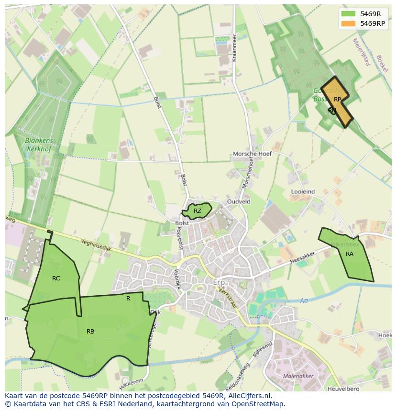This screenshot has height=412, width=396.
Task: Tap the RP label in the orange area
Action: point(337,100)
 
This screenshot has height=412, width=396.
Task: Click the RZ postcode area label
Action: point(198,211)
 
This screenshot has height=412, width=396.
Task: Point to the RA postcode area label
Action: point(350,254)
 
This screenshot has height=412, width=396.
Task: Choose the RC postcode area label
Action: point(56,278)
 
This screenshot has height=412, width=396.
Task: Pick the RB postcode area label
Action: point(90,331)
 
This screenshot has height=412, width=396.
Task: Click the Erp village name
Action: point(219,283)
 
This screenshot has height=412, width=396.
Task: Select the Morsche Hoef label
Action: point(252,154)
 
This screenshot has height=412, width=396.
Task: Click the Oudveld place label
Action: point(239,202)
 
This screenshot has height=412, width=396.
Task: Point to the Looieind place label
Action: point(303,191)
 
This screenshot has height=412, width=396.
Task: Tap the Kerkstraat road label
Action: point(228,298)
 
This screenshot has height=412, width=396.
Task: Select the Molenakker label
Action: point(298,376)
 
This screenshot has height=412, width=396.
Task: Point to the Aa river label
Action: point(304,301)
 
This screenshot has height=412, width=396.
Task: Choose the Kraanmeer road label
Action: point(234,48)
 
